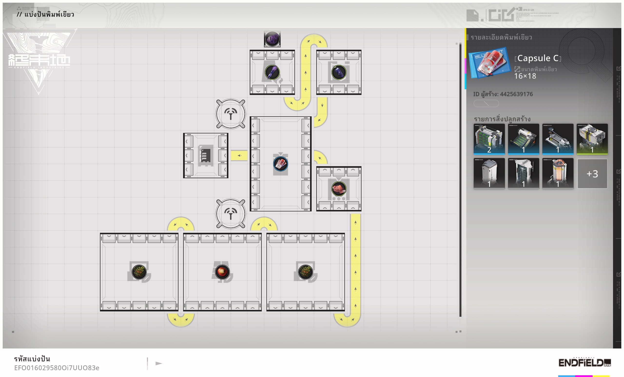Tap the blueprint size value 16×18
[x=525, y=76]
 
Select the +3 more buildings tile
[x=592, y=174]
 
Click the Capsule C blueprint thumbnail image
[x=489, y=63]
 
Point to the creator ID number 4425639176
[x=516, y=94]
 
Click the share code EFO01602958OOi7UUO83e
[x=57, y=368]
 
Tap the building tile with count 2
[x=489, y=139]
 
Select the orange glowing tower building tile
[x=558, y=173]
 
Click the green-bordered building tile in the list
[x=592, y=139]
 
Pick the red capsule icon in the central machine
[x=281, y=164]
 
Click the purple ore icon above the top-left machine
[x=272, y=39]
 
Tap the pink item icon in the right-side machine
[x=339, y=189]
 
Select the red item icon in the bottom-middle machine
[x=222, y=272]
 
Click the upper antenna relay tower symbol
[x=230, y=114]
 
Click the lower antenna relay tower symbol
[x=230, y=214]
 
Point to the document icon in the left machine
[x=205, y=155]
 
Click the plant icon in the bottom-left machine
[x=139, y=272]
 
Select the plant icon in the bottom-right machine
[x=305, y=272]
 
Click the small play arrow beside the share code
[x=159, y=363]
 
